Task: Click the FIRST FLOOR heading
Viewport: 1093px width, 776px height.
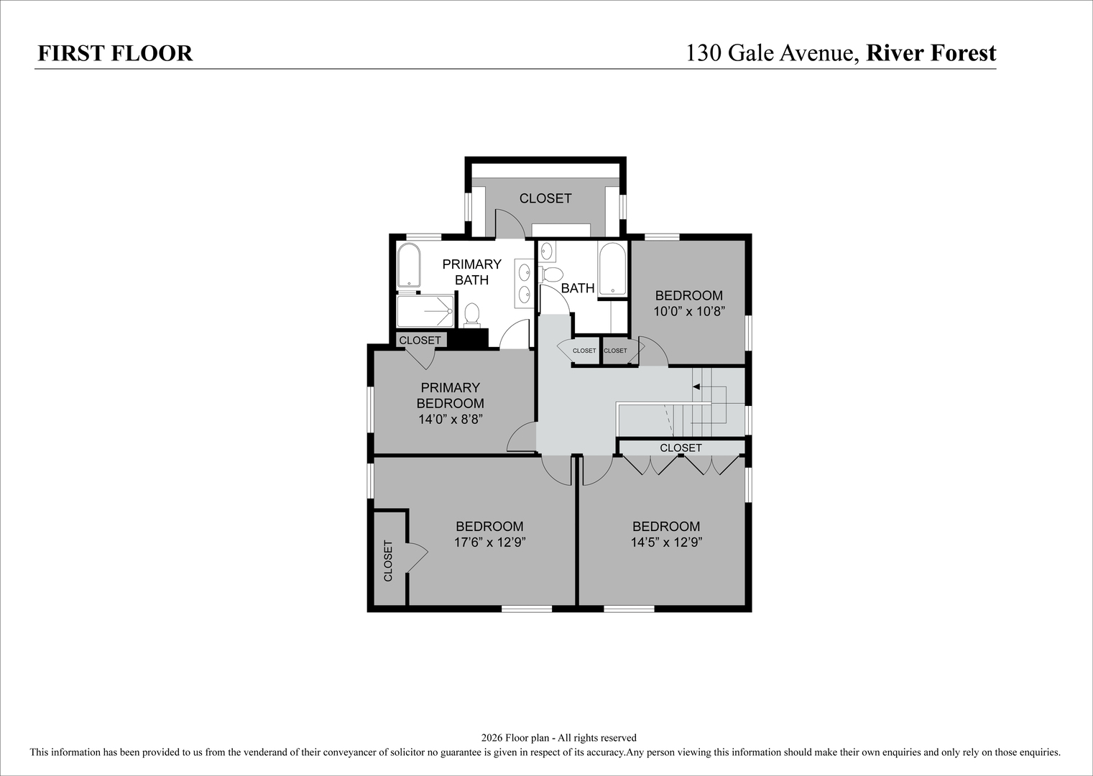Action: (115, 53)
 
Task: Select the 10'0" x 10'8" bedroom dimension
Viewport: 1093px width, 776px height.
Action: (689, 311)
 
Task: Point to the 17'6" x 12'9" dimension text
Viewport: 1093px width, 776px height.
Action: (489, 542)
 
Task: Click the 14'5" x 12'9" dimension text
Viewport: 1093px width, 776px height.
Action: (666, 542)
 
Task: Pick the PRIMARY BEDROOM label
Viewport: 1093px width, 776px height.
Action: (451, 396)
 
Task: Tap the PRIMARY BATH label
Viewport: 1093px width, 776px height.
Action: (472, 272)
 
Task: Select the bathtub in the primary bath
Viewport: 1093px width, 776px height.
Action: (409, 265)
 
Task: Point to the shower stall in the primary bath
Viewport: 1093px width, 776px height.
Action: (425, 311)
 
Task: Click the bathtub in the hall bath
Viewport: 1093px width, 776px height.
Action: (612, 269)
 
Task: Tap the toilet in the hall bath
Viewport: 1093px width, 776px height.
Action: (551, 274)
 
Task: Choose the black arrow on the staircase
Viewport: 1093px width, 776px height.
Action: (696, 387)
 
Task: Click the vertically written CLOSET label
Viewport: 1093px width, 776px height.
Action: (388, 561)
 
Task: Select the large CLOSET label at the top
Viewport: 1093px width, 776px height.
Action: (545, 198)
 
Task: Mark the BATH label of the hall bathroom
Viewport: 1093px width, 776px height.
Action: (578, 288)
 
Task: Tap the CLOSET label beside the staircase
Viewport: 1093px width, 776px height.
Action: (681, 448)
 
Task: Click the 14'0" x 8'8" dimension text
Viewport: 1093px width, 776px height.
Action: (451, 420)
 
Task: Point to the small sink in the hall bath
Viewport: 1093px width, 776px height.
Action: (546, 251)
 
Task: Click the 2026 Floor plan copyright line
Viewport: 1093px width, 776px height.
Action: (558, 738)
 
